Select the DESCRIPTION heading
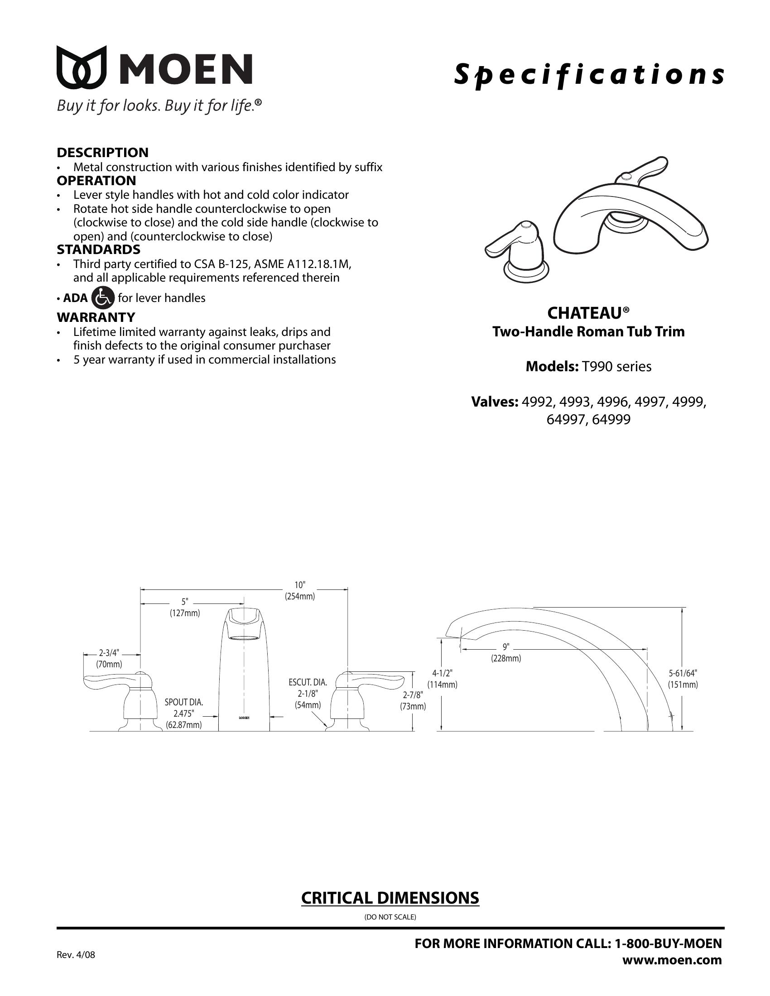point(102,152)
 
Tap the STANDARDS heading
point(98,249)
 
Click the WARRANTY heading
point(96,317)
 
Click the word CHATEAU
point(584,313)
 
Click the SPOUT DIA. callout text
point(184,702)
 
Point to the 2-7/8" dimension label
point(413,695)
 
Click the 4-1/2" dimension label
point(442,673)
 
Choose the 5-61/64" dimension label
point(683,673)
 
